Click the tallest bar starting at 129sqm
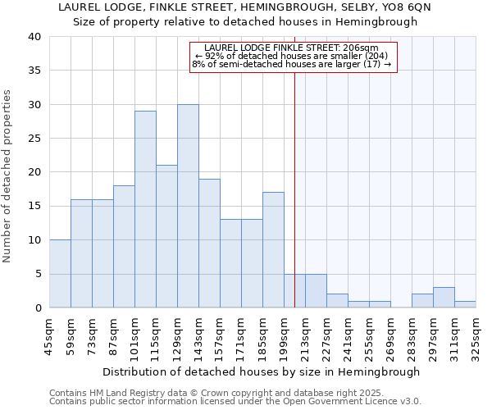(188, 206)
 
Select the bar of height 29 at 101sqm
(145, 209)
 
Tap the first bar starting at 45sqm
(60, 274)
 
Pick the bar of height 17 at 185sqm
(273, 250)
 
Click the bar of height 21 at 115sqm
(166, 236)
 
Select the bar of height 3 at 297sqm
(444, 298)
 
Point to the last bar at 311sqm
(465, 304)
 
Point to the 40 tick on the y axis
(34, 37)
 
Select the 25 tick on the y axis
(34, 139)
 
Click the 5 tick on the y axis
(38, 274)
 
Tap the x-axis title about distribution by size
(262, 371)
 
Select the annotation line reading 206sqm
(293, 48)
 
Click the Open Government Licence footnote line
(235, 402)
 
